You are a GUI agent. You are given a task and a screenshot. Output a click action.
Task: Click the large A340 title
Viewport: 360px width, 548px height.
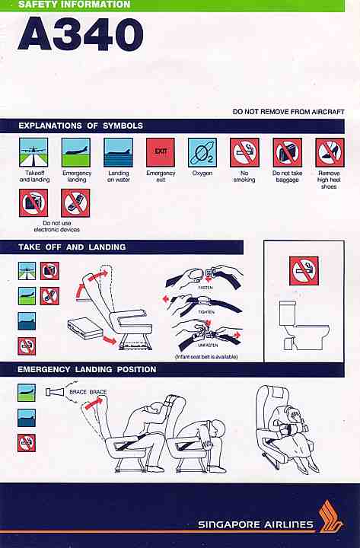pyautogui.click(x=81, y=34)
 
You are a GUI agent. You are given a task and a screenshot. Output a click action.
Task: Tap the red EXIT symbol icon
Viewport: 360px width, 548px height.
pyautogui.click(x=161, y=152)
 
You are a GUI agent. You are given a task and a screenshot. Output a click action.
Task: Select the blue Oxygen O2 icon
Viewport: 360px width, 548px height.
pyautogui.click(x=202, y=152)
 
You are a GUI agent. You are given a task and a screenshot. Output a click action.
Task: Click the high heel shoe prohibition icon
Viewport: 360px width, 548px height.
pyautogui.click(x=330, y=152)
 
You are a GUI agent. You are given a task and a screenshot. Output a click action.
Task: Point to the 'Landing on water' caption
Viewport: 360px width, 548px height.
pyautogui.click(x=119, y=177)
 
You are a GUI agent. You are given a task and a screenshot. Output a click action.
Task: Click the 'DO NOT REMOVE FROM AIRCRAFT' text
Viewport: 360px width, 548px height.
pyautogui.click(x=288, y=112)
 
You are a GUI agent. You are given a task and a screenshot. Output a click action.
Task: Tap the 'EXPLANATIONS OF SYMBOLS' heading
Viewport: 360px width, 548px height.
pyautogui.click(x=81, y=126)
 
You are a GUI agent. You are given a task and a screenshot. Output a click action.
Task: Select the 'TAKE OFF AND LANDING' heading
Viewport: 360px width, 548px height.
pyautogui.click(x=72, y=247)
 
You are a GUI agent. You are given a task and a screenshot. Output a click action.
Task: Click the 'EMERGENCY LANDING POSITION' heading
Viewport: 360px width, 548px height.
pyautogui.click(x=87, y=369)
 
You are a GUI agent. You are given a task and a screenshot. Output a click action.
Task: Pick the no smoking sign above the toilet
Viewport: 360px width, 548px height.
pyautogui.click(x=304, y=271)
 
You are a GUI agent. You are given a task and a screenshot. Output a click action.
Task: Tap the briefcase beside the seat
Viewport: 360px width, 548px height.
pyautogui.click(x=85, y=328)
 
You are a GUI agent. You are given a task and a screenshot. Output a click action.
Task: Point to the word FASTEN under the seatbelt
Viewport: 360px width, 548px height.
pyautogui.click(x=205, y=287)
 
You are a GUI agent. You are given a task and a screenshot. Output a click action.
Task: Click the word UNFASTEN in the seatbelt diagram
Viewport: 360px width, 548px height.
pyautogui.click(x=208, y=345)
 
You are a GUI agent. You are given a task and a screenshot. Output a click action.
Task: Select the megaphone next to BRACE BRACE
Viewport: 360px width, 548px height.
pyautogui.click(x=55, y=392)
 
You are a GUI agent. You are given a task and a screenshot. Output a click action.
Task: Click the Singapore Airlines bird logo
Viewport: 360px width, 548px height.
pyautogui.click(x=330, y=516)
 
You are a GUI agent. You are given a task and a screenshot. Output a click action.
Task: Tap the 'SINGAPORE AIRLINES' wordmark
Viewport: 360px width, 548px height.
pyautogui.click(x=256, y=524)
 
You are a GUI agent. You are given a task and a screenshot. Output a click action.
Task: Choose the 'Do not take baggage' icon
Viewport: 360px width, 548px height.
pyautogui.click(x=287, y=152)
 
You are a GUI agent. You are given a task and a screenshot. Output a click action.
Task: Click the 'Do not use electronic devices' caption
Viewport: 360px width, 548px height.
pyautogui.click(x=56, y=226)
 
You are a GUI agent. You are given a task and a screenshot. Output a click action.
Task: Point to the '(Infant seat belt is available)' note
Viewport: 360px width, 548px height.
pyautogui.click(x=206, y=357)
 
